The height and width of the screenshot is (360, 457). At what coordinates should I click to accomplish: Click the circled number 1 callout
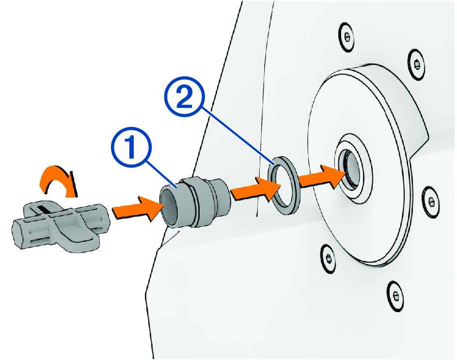coord(131,147)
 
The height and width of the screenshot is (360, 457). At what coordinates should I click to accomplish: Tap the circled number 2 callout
coord(185,96)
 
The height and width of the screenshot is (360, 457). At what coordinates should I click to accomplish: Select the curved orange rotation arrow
coord(58,181)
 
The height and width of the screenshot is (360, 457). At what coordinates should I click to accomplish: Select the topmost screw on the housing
coord(347,37)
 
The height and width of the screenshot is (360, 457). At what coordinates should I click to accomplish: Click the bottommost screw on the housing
coord(395,296)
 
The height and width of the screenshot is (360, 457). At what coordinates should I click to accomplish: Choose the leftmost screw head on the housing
coord(328,259)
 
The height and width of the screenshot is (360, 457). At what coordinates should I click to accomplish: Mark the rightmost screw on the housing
coord(431,202)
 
